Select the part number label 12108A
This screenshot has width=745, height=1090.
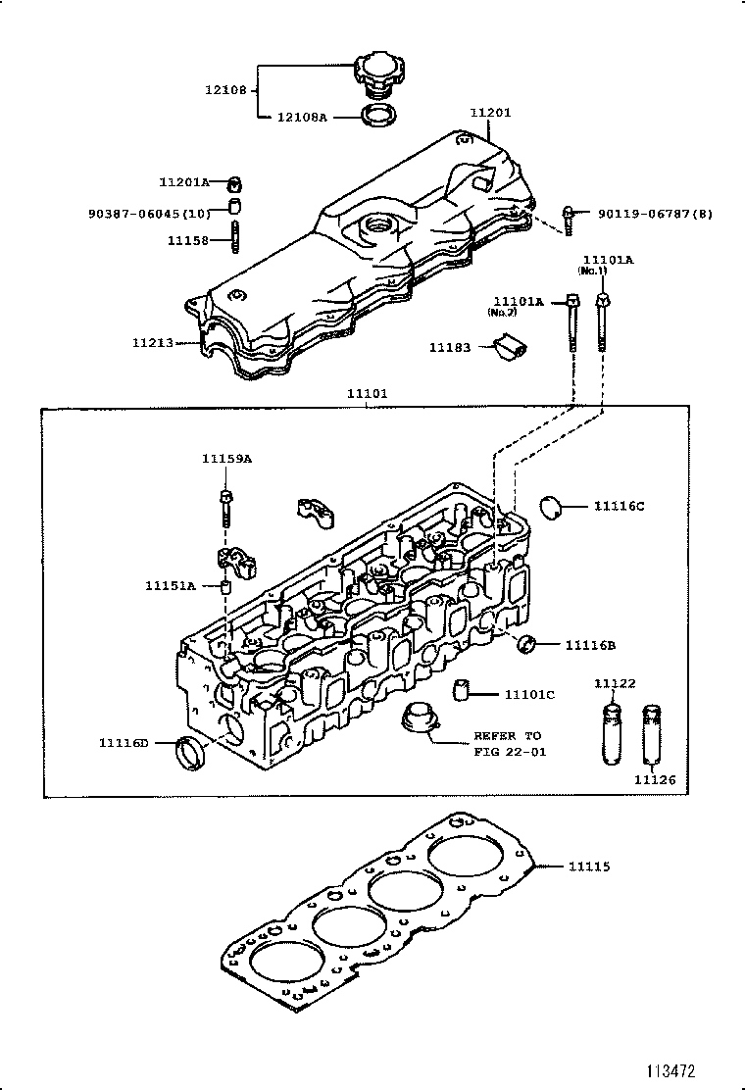(x=301, y=117)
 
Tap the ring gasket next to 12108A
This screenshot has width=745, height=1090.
(x=377, y=117)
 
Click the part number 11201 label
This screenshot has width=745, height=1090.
(x=490, y=113)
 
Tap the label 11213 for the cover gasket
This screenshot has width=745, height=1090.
(x=154, y=342)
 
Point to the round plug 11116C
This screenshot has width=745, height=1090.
(x=553, y=507)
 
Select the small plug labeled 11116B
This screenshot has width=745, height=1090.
(x=527, y=644)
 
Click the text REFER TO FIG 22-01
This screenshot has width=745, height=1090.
(x=507, y=744)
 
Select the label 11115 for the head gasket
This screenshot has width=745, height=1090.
(x=588, y=867)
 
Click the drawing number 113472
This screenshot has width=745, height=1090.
(x=676, y=1071)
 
